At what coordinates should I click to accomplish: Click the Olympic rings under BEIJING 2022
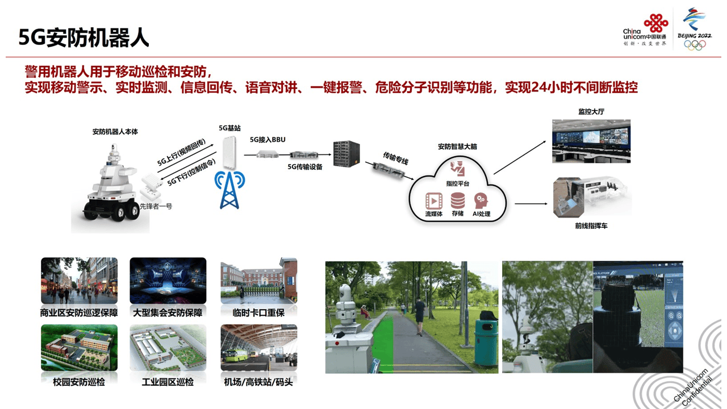[695, 45]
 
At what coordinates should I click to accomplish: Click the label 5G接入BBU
[268, 139]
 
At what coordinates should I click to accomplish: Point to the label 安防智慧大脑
[457, 147]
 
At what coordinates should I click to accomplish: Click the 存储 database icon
[458, 201]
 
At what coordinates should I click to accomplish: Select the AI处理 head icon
[481, 201]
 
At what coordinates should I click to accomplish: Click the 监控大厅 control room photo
[591, 140]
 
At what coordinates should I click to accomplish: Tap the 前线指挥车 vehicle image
[591, 198]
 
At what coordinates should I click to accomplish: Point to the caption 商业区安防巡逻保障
[79, 312]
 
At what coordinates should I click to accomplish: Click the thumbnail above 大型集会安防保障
[168, 281]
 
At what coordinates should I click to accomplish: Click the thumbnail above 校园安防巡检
[79, 348]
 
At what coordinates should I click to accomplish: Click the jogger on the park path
[419, 316]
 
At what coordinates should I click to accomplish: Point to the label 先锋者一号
[156, 206]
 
